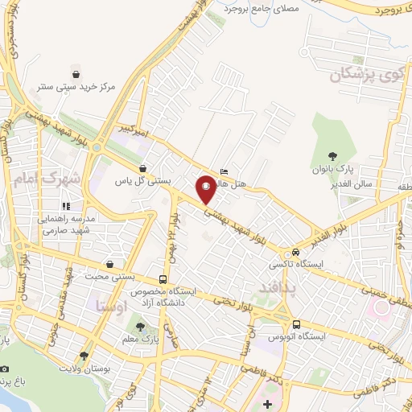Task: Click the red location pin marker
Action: (x=207, y=189)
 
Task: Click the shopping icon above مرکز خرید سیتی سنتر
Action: (x=76, y=70)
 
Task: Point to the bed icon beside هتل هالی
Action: (x=224, y=171)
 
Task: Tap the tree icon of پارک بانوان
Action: (x=333, y=156)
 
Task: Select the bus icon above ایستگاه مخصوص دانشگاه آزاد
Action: (x=162, y=278)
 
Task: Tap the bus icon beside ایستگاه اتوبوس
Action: (x=296, y=324)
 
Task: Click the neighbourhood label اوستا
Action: (x=111, y=306)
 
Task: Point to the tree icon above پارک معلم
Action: (x=141, y=327)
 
